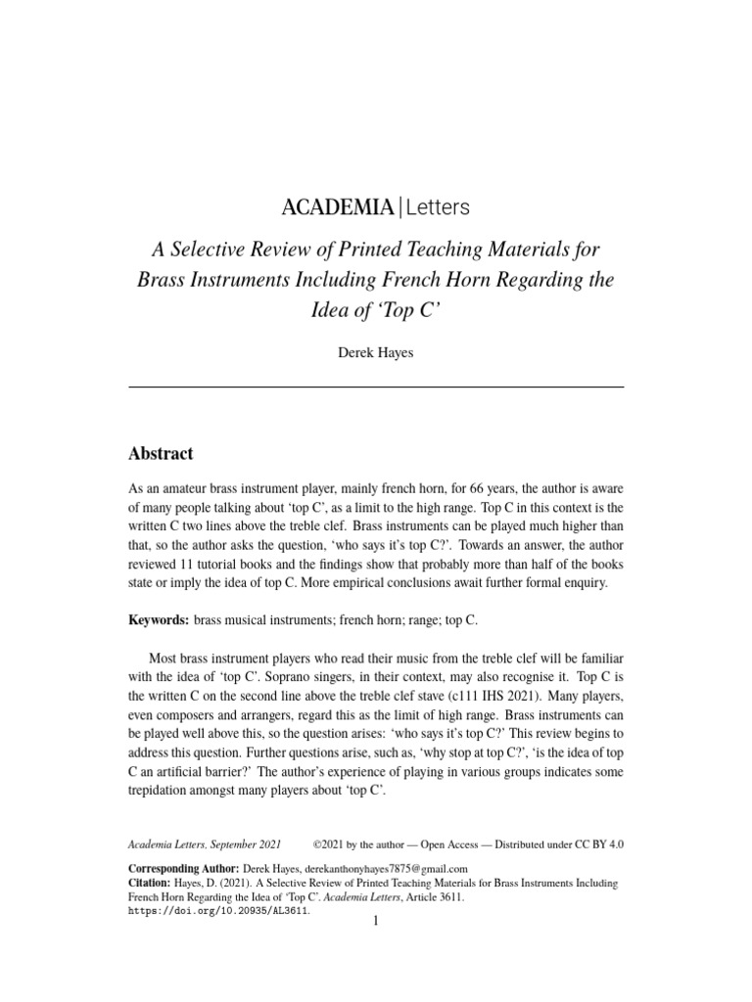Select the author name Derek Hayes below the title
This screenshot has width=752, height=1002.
point(376,352)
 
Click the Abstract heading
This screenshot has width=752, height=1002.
point(162,453)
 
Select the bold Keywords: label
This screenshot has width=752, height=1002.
point(160,620)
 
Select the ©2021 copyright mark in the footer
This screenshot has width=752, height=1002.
point(327,843)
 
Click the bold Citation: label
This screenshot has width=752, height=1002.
point(154,883)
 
